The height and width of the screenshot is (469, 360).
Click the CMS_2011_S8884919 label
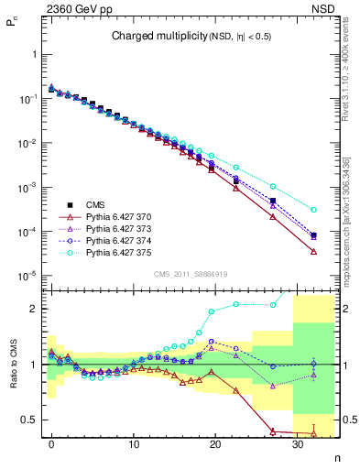190,273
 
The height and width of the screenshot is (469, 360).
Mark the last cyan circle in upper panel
313,210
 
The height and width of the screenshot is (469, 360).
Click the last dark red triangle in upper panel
313,252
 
